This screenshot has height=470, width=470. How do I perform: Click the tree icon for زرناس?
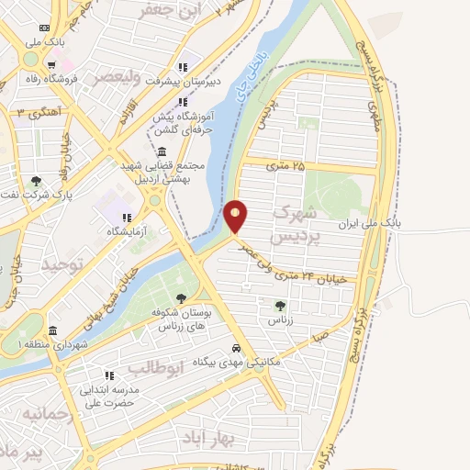[x=280, y=305]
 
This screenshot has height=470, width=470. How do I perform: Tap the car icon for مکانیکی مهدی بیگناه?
[x=237, y=349]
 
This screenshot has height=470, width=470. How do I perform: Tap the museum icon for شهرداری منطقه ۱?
[x=52, y=330]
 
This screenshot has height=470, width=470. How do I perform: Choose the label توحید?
[x=62, y=265]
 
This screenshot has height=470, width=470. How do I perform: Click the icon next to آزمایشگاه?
[x=126, y=218]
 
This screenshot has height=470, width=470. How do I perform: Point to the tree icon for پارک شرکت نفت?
[x=36, y=181]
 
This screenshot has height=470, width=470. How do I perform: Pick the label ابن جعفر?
[x=168, y=11]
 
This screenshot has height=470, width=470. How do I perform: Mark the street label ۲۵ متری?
[x=285, y=165]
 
